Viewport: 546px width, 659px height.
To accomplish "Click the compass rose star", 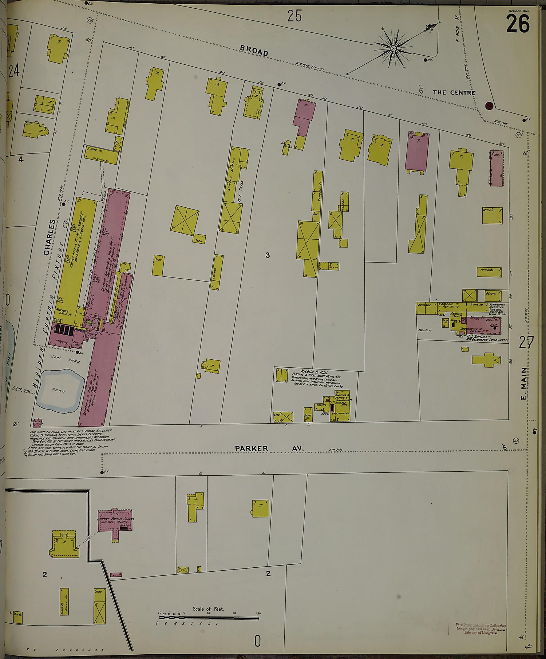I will point(393,48).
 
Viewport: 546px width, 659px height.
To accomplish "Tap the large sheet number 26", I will point(518,24).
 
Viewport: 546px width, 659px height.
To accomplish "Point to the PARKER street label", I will point(251,448).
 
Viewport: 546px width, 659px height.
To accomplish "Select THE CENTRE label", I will point(454,92).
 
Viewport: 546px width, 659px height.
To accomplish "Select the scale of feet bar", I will point(209,618).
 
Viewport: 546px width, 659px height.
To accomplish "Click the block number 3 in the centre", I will point(268,255).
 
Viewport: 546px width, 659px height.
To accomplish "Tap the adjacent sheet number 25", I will point(294,16).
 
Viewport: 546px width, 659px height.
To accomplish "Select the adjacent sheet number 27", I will point(526,342).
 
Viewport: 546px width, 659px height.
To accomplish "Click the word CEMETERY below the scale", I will point(187,623).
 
